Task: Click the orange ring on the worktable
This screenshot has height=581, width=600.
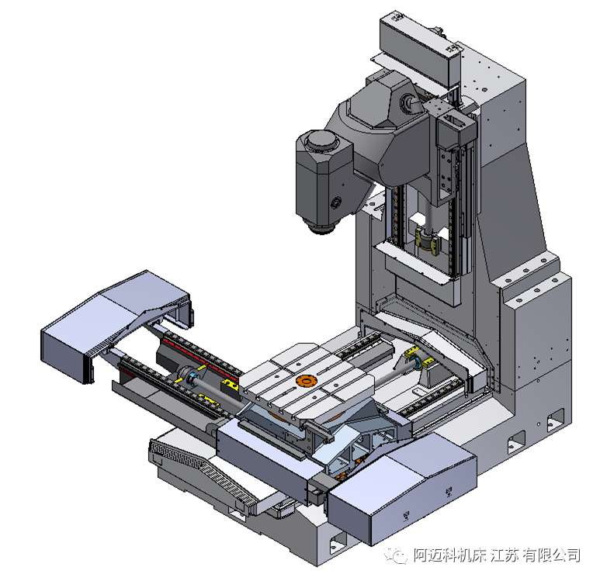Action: (305, 381)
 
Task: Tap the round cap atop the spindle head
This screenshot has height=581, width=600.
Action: (322, 142)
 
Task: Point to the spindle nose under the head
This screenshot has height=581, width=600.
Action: (322, 227)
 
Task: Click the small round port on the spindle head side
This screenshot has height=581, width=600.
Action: (336, 202)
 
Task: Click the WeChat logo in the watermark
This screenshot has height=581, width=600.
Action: (395, 554)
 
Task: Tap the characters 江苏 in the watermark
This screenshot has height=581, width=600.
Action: (505, 555)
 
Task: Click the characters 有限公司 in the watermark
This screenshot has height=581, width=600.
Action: (551, 555)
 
